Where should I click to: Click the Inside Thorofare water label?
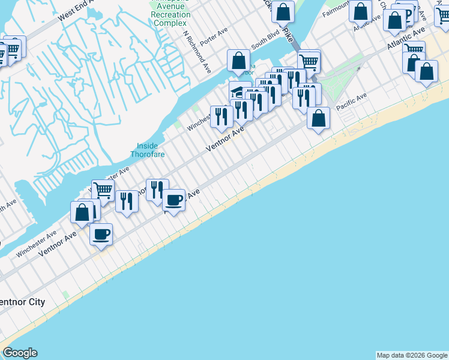click(x=148, y=149)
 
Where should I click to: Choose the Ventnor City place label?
click(x=22, y=302)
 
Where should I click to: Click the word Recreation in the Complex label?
click(x=170, y=14)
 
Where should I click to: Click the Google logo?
click(x=20, y=353)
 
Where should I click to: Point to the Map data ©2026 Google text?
click(x=412, y=355)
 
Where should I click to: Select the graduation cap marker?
click(x=239, y=91)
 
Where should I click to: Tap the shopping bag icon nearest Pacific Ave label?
click(x=319, y=118)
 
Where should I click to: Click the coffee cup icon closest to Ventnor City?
click(x=101, y=233)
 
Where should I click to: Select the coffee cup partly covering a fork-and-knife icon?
click(x=174, y=200)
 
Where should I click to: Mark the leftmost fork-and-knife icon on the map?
click(x=127, y=201)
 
